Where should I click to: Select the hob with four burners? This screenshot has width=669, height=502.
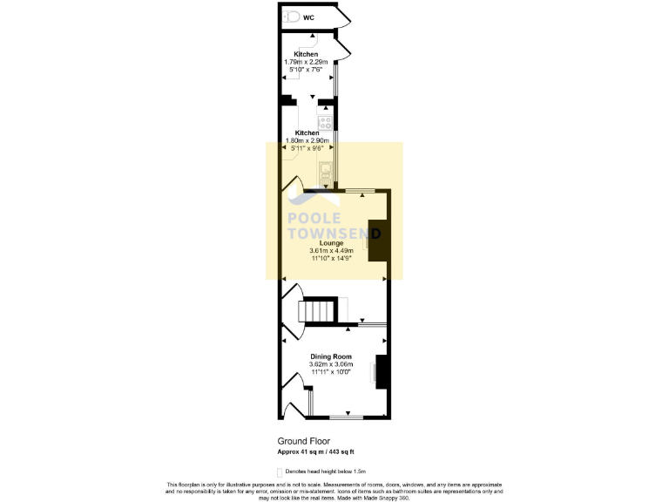click(324, 123)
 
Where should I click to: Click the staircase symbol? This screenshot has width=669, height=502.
click(318, 311)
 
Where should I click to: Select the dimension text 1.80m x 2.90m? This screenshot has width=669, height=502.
click(307, 141)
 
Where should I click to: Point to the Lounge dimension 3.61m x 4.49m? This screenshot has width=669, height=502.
click(334, 252)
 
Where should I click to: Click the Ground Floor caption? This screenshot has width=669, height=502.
click(304, 442)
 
